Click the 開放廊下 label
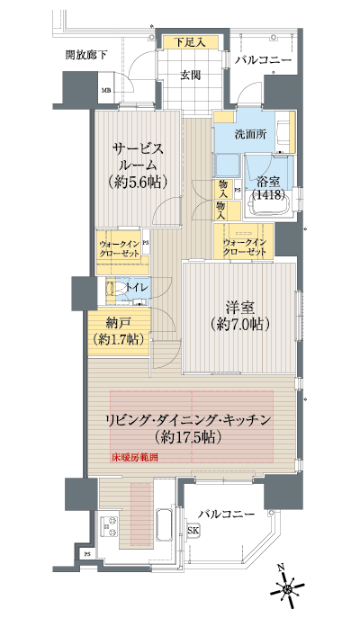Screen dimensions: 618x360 85,56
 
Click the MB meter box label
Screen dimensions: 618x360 106,91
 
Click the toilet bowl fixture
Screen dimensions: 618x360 111,290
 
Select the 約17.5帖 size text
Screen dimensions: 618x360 194,438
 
